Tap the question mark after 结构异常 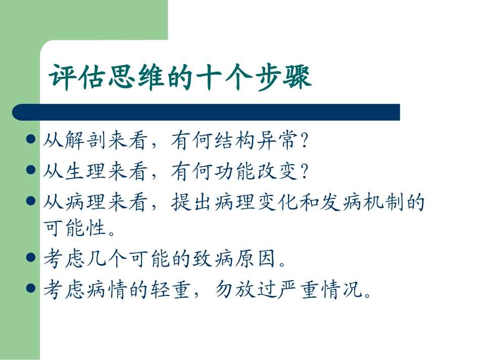(x=303, y=142)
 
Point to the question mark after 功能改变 (x=303, y=173)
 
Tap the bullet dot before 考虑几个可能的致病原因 (x=30, y=258)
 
